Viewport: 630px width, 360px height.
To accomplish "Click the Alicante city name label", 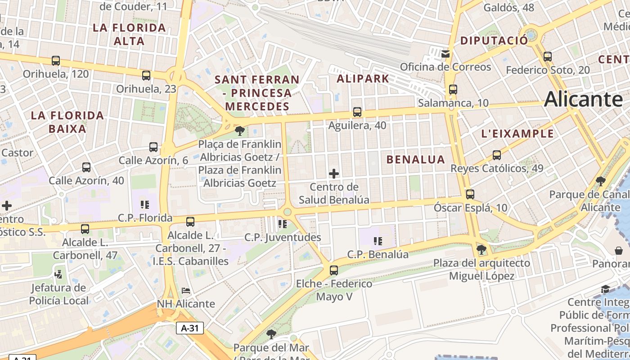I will point(584,99).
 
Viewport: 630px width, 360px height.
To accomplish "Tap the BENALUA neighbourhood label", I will point(415,159).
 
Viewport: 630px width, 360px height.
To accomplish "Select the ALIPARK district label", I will point(363,79).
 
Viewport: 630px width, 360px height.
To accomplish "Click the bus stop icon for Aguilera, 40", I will point(357,112).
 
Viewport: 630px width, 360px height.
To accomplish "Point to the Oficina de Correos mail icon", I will point(445,54).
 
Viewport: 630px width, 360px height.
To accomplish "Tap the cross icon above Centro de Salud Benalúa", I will point(334,173).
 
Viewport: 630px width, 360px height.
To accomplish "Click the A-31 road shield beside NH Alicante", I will point(189,328).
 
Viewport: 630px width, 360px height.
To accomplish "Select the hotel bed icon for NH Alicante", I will point(186,291).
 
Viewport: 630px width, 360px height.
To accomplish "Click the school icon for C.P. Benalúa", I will point(378,241).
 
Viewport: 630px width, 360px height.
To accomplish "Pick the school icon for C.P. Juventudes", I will point(283,224).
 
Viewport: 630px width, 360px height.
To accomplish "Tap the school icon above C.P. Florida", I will point(145,205).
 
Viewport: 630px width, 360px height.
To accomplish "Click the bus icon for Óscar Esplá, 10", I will point(470,194).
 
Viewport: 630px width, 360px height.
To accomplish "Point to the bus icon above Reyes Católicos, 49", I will point(497,155).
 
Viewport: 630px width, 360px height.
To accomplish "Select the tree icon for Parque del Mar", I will point(271,334).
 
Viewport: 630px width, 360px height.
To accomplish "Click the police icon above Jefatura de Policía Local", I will point(58,274).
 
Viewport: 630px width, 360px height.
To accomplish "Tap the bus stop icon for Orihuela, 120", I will point(56,61).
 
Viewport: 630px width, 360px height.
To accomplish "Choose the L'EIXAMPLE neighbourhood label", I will point(517,134).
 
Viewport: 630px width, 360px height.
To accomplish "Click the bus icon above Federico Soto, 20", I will point(548,57).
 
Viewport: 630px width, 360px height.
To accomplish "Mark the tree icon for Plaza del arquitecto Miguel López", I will point(481,249).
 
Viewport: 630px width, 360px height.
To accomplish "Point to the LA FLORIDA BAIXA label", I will point(67,122).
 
